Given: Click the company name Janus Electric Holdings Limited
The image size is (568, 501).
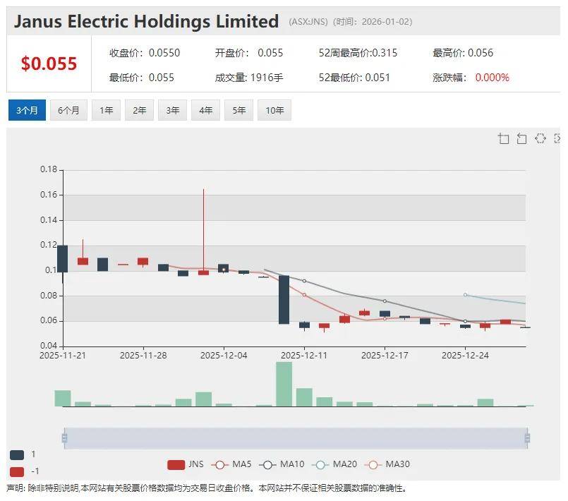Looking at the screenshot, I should tap(146, 21).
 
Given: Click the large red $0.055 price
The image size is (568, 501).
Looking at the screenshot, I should tap(49, 64).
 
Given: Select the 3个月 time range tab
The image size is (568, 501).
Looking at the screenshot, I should tap(27, 110).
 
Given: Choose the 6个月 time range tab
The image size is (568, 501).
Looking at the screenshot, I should tap(68, 110).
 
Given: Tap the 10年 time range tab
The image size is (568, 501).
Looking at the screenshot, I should tap(274, 110).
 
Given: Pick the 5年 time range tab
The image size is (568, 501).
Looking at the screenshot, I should tap(239, 110).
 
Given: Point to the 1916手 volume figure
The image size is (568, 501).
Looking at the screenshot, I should tap(266, 78).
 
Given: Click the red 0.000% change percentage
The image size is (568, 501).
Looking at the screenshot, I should tap(492, 78).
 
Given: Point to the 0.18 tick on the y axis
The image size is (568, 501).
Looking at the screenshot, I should tap(48, 169).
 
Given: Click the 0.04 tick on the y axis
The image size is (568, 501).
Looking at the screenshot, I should tap(48, 346).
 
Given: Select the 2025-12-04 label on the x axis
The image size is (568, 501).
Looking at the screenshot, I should tap(224, 356).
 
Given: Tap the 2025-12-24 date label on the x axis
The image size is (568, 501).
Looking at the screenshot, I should tap(465, 356).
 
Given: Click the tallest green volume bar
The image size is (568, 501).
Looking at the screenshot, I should tap(284, 384).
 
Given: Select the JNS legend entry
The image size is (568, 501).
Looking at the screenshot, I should tap(186, 464).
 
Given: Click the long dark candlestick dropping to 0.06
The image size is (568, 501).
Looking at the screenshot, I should tap(284, 299).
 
